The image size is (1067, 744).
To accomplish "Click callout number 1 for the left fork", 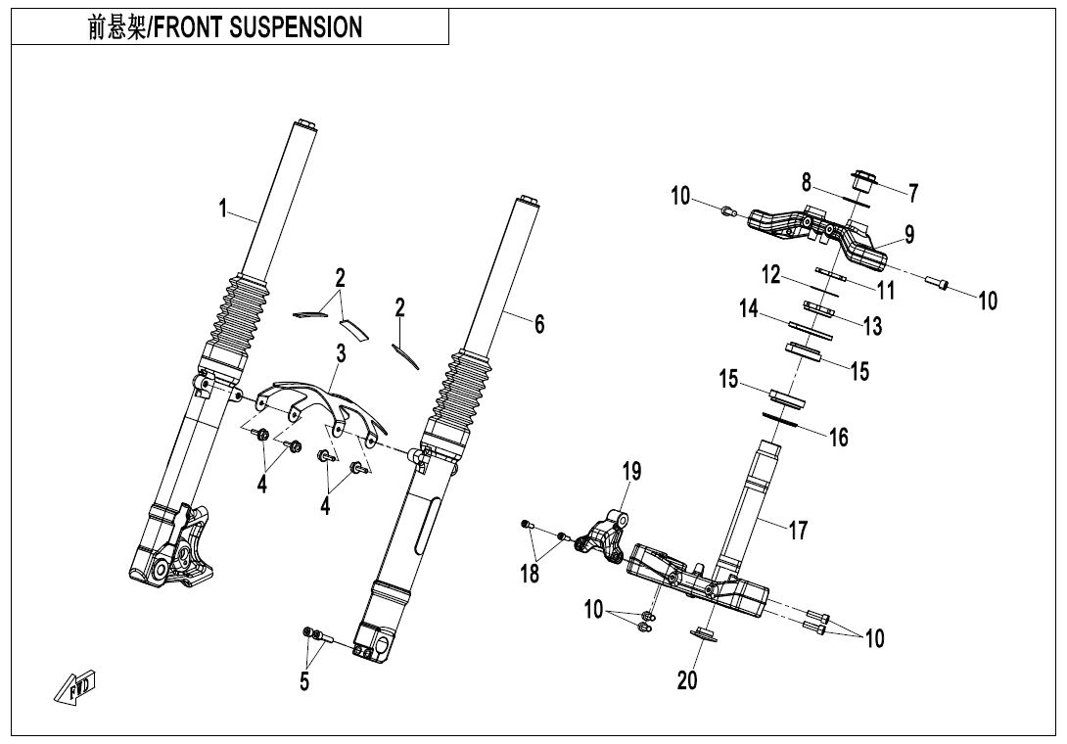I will tap(223, 208).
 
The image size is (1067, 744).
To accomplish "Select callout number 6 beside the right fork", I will tap(539, 324).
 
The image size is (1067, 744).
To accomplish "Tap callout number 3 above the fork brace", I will tap(341, 352).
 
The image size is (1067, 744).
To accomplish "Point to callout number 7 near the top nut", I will tap(912, 193).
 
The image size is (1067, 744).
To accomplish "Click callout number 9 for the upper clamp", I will tap(908, 234).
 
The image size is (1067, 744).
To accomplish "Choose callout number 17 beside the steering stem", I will tap(799, 530).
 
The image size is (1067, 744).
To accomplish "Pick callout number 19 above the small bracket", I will tap(632, 472).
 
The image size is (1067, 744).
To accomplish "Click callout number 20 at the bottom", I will tap(688, 679).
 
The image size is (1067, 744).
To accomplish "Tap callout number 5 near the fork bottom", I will tap(304, 681).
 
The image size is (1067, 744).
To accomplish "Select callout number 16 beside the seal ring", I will tap(839, 437).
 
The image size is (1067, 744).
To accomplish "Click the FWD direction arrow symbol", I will tap(74, 688).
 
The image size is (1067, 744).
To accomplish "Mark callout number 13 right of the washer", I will tap(871, 324).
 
